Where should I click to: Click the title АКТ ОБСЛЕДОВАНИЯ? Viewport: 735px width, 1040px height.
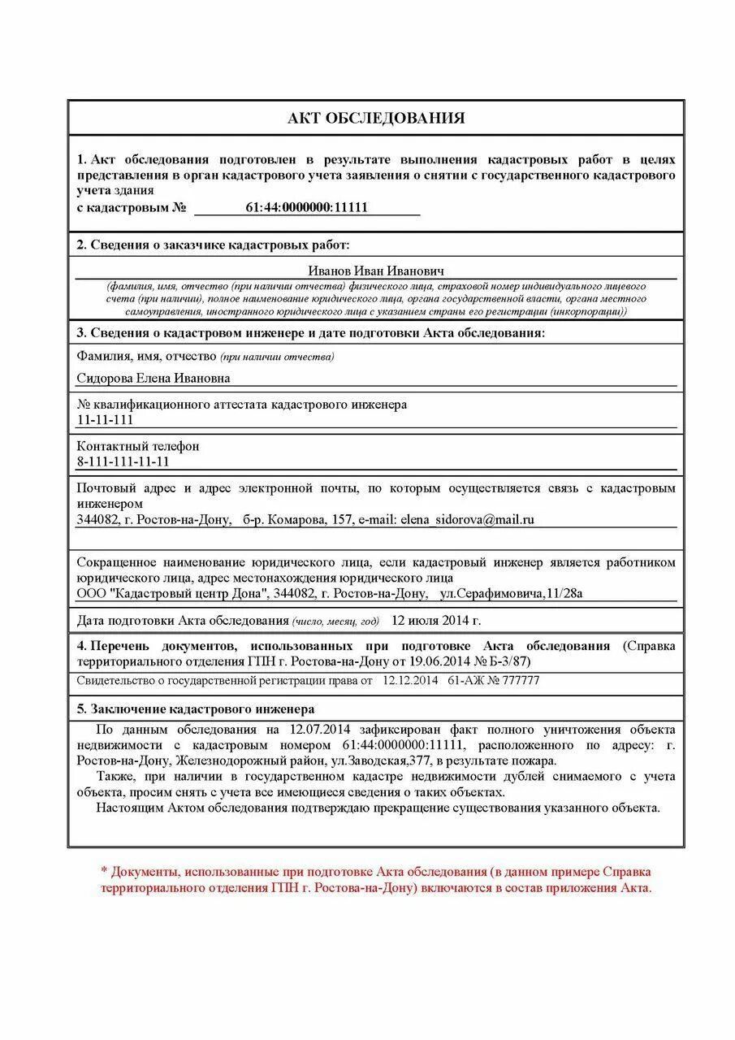pos(375,118)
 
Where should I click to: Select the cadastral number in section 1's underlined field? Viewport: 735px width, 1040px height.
pos(306,207)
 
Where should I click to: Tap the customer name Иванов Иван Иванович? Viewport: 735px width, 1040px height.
pos(375,271)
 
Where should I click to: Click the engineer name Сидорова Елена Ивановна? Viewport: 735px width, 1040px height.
pos(153,378)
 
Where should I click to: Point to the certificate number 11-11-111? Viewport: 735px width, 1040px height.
pos(105,420)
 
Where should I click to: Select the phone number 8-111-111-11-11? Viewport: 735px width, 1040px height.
pos(123,461)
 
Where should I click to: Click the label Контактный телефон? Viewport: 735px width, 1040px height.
pos(137,446)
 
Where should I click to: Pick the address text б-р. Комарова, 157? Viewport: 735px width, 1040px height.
pos(297,519)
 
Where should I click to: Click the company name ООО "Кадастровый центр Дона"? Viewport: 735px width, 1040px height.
pos(172,593)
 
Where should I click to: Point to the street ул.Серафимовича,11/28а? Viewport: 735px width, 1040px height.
pos(511,593)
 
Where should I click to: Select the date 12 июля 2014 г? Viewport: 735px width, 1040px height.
pos(436,621)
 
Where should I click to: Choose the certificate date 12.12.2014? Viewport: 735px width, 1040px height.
pos(409,681)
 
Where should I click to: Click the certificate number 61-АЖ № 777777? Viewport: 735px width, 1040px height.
pos(493,681)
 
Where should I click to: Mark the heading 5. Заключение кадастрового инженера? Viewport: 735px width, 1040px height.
pos(195,708)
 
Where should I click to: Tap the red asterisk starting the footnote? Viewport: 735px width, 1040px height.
pos(104,872)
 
